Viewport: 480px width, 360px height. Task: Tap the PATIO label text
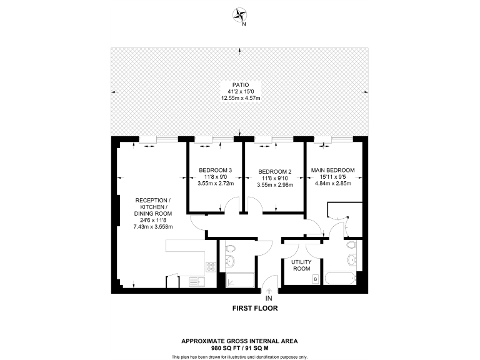240,84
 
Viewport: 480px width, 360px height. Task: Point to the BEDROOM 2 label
275,171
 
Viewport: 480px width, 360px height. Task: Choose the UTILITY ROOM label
301,265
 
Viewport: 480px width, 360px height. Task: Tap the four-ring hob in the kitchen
211,266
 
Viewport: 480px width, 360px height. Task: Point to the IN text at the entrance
269,299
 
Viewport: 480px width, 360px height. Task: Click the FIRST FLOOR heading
254,308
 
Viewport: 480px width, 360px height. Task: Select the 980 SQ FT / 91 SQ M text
239,347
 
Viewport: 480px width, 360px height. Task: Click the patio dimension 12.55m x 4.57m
240,98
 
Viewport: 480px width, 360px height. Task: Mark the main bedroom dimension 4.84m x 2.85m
332,184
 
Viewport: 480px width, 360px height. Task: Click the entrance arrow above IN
269,291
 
